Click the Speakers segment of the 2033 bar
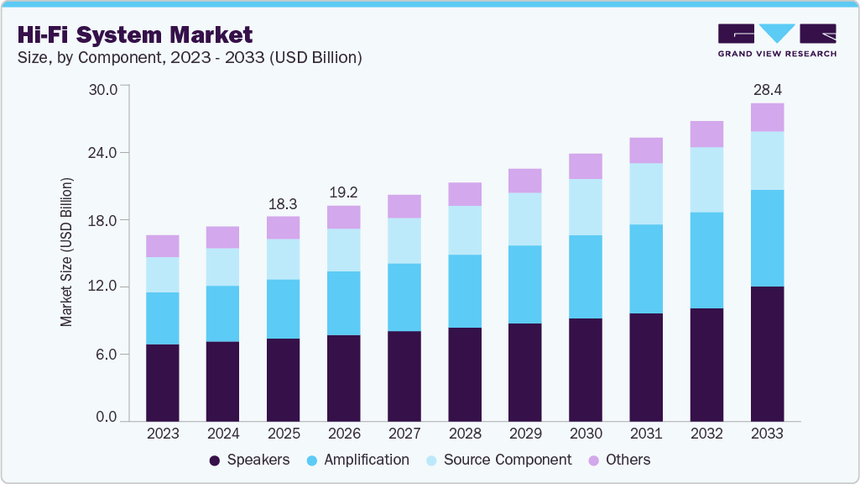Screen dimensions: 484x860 point(767,353)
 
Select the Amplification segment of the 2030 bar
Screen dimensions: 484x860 point(586,276)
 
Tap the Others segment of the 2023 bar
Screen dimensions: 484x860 point(163,245)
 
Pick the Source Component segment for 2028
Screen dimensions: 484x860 point(465,230)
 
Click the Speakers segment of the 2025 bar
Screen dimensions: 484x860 point(284,379)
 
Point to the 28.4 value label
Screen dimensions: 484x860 point(767,89)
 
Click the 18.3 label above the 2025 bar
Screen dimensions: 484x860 point(284,203)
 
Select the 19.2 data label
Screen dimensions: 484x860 point(344,192)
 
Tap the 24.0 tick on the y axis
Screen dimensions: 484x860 point(107,153)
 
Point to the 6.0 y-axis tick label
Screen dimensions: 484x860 point(111,354)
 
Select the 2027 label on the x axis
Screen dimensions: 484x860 point(404,434)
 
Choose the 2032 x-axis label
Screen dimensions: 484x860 point(706,434)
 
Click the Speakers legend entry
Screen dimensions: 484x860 point(249,460)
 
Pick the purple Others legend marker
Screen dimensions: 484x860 point(594,460)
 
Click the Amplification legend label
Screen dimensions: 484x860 point(367,460)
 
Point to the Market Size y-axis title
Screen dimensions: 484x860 point(66,252)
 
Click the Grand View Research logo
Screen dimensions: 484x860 point(777,39)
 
